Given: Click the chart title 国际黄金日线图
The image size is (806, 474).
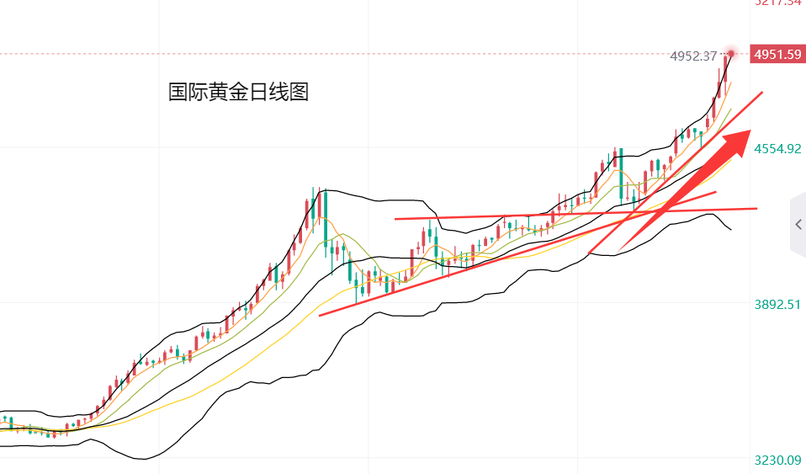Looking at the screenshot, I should click(x=239, y=92).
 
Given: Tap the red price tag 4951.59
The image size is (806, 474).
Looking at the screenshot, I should click(x=777, y=55).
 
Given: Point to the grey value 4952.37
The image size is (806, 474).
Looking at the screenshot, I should click(x=693, y=56).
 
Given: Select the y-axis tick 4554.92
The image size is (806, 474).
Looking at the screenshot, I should click(x=777, y=149).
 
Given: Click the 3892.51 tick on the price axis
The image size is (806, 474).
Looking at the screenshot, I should click(x=777, y=305).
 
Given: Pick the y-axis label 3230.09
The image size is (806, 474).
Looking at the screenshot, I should click(x=777, y=461).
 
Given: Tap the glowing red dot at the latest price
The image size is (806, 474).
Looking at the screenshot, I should click(x=732, y=54).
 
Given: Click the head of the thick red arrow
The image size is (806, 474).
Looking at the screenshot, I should click(x=740, y=138).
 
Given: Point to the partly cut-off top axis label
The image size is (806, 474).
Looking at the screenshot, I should click(x=777, y=3).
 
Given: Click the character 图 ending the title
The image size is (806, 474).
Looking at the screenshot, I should click(x=300, y=92).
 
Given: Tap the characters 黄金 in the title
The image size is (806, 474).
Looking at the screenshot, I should click(x=219, y=92).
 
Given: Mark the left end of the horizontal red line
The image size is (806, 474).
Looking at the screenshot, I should click(x=395, y=219).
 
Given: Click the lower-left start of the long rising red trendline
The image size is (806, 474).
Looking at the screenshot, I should click(x=321, y=316).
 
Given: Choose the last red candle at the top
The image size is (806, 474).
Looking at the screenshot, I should click(x=726, y=69).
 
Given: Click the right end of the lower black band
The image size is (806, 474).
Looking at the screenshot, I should click(x=730, y=229).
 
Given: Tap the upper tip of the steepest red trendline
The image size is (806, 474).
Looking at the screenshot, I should click(x=762, y=91).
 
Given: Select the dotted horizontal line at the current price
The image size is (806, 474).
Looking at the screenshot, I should click(x=337, y=55).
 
